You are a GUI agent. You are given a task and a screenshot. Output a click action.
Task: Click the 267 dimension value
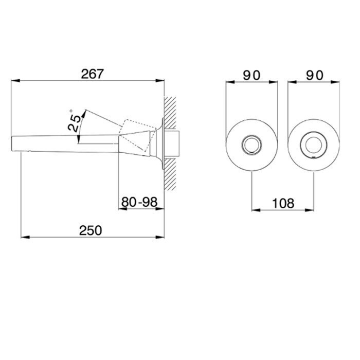tap(93, 74)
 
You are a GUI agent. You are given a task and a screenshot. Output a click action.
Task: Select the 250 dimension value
tap(91, 230)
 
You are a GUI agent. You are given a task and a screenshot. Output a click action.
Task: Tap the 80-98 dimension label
tap(139, 202)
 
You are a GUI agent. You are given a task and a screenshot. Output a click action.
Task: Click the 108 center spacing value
tap(283, 204)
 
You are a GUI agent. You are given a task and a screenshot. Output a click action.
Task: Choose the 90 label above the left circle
tap(251, 75)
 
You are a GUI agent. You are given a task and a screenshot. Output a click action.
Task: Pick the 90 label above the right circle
tap(315, 75)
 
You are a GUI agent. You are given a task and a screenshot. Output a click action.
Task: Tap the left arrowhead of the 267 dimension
tap(15, 81)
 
